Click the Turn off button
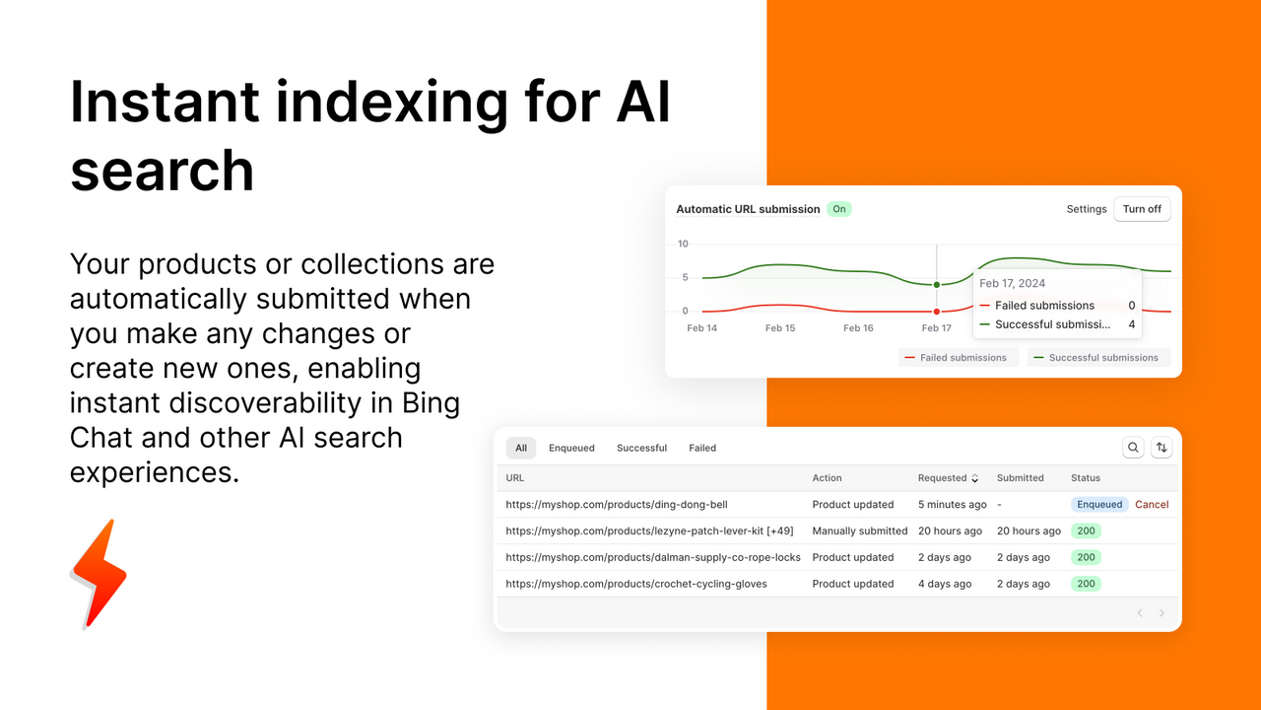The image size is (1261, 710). [1142, 209]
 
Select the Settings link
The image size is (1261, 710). [1087, 209]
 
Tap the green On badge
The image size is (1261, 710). [838, 209]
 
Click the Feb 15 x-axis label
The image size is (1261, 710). [780, 328]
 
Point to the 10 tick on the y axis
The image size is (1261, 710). [684, 245]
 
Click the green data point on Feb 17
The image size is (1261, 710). [937, 285]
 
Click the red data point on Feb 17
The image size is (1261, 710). [937, 312]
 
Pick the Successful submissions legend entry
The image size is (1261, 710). [1097, 358]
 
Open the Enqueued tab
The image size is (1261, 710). [571, 448]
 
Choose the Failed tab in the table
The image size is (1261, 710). [702, 448]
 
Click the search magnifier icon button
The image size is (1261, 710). [1133, 448]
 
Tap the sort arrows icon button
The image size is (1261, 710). [1161, 448]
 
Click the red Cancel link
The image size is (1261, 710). [1152, 505]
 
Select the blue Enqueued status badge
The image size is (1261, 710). [1099, 505]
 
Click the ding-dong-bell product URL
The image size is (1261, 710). [617, 505]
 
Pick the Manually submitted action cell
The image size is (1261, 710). [860, 531]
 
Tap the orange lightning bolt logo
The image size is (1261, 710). [99, 573]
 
